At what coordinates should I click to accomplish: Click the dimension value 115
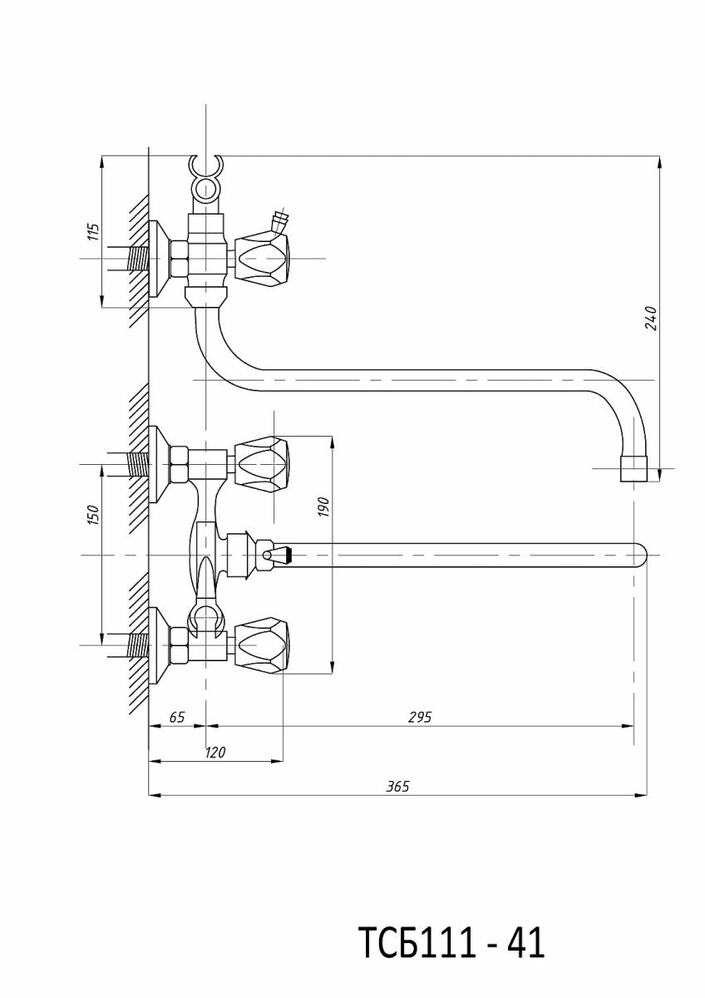[x=92, y=232]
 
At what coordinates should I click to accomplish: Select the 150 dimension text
[x=92, y=515]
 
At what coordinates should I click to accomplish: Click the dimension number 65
[x=176, y=716]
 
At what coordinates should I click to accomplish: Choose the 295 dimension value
[x=420, y=716]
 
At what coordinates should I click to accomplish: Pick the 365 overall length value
[x=397, y=787]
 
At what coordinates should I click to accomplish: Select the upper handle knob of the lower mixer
[x=263, y=462]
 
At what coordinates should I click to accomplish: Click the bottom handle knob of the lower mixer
[x=263, y=643]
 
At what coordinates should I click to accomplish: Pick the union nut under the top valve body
[x=206, y=298]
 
